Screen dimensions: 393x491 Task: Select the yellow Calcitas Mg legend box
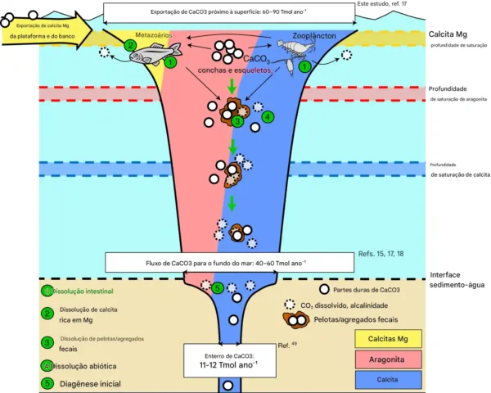pyautogui.click(x=388, y=337)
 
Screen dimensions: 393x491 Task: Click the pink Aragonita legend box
pyautogui.click(x=388, y=357)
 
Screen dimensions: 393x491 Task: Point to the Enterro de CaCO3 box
pyautogui.click(x=224, y=360)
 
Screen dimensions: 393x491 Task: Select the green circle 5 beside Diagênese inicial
pyautogui.click(x=47, y=381)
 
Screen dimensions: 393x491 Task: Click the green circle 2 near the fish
pyautogui.click(x=129, y=46)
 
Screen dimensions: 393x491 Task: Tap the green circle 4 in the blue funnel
pyautogui.click(x=268, y=116)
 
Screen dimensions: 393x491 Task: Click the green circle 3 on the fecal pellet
pyautogui.click(x=237, y=121)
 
